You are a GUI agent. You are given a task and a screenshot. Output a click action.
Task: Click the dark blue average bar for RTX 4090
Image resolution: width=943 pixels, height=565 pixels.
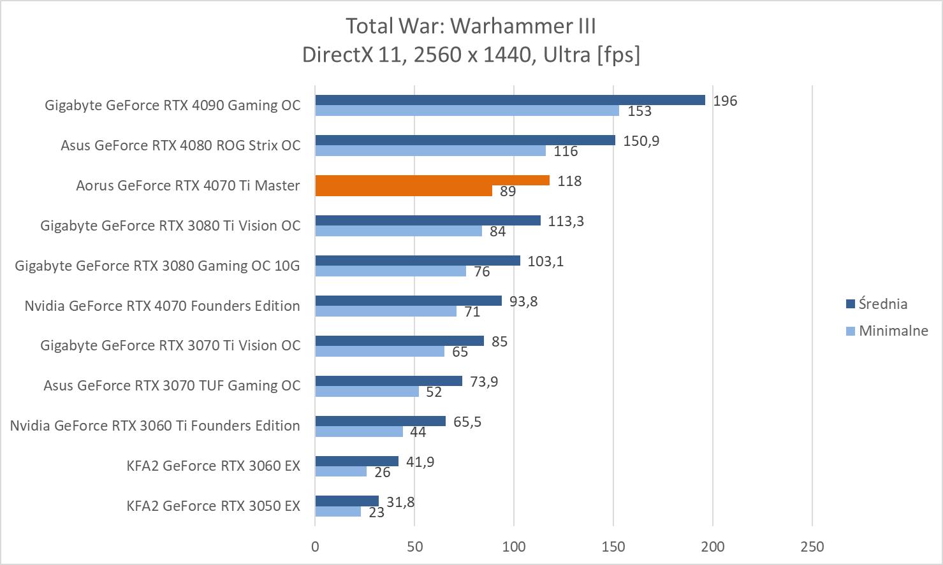tap(510, 100)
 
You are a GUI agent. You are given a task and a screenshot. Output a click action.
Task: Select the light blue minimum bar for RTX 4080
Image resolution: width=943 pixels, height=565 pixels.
tap(430, 151)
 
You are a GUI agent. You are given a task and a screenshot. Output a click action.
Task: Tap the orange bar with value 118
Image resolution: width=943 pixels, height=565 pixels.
tap(432, 180)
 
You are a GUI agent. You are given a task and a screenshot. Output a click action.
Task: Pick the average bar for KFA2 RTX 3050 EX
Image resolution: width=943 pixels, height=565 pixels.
tap(347, 501)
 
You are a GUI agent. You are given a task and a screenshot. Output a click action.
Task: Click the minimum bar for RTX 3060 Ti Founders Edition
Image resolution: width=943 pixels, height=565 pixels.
tap(359, 431)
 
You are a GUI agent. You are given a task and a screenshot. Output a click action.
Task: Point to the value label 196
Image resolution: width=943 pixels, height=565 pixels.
tap(725, 101)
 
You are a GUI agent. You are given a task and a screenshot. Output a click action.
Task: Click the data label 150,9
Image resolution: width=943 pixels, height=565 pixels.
tap(641, 141)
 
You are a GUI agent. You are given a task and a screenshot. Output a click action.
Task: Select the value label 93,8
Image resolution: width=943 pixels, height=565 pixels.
tap(523, 301)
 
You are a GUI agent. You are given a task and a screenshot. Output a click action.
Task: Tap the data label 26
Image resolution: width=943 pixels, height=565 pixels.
tap(383, 472)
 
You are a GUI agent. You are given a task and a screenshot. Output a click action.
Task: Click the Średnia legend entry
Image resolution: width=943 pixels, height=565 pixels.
tap(882, 304)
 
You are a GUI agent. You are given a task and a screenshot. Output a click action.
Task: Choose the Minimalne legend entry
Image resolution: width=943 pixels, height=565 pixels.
tap(893, 331)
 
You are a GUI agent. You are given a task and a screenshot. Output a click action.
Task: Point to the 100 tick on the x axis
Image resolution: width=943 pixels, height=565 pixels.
tap(514, 547)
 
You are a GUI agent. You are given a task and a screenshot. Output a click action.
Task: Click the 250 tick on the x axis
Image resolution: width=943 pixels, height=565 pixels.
tap(812, 547)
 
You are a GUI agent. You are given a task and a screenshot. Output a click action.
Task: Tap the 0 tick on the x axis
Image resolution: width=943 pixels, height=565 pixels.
tap(315, 547)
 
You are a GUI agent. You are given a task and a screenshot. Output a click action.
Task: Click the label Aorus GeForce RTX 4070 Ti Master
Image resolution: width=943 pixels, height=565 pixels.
tap(187, 185)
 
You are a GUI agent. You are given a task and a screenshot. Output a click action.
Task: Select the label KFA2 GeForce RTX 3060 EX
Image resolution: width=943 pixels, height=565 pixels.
tap(213, 466)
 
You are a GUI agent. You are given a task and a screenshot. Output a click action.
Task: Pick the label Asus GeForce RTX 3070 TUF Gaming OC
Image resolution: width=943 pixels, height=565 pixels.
tap(172, 385)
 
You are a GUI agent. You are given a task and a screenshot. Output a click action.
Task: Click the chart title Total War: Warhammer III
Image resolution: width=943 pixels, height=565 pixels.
tap(471, 26)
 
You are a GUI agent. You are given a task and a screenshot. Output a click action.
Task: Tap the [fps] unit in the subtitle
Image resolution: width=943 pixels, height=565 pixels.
tap(618, 55)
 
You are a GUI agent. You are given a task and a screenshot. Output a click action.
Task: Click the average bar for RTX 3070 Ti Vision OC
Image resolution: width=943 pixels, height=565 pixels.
tap(399, 341)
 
